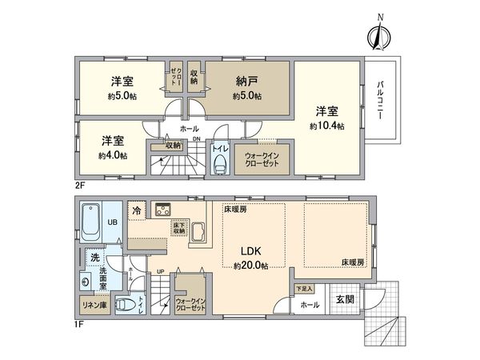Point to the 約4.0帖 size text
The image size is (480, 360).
tap(113, 155)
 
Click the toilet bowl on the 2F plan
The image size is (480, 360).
tap(222, 165)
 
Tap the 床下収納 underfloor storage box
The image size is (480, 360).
tap(179, 232)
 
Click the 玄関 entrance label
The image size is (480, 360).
tap(342, 299)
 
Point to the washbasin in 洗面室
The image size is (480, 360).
tap(86, 282)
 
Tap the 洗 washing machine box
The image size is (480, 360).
tap(94, 258)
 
